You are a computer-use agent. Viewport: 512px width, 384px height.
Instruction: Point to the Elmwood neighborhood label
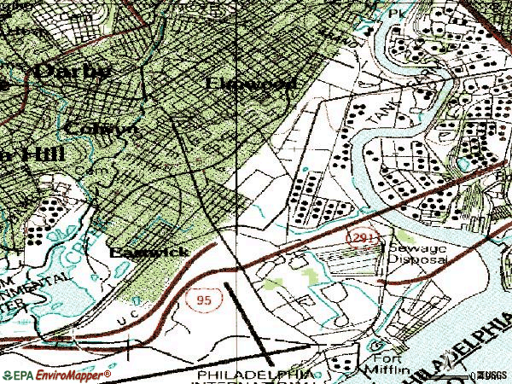[253, 84]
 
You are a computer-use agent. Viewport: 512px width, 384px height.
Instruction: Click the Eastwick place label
[148, 253]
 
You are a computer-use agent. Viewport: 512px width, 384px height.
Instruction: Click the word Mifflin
[387, 373]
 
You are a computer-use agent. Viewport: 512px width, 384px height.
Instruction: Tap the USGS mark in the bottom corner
[495, 375]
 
